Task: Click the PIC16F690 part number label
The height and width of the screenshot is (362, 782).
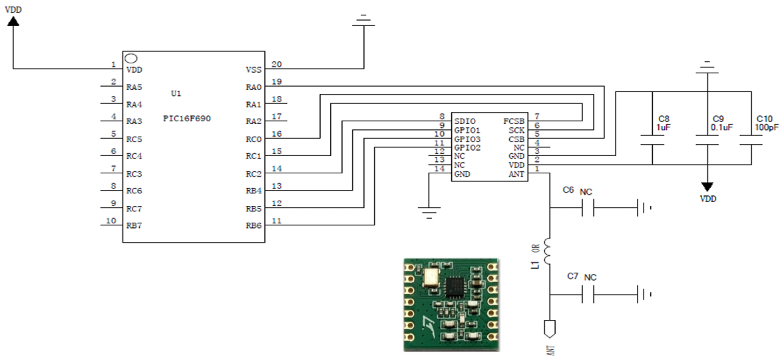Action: pos(187,119)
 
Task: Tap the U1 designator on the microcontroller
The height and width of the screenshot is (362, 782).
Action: pos(176,94)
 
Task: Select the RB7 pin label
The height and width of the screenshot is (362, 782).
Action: pos(134,225)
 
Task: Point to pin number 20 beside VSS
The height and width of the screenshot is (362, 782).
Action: pos(277,64)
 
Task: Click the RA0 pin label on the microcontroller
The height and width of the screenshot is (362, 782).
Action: pos(254,87)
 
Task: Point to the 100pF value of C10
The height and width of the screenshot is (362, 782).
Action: pos(767,127)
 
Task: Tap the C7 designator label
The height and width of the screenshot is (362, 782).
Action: pos(572,276)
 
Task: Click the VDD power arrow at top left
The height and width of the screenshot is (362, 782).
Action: pos(13,21)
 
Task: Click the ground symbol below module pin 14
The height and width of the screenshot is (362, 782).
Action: pos(429,213)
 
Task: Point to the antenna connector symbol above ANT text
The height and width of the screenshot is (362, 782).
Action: pos(550,328)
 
